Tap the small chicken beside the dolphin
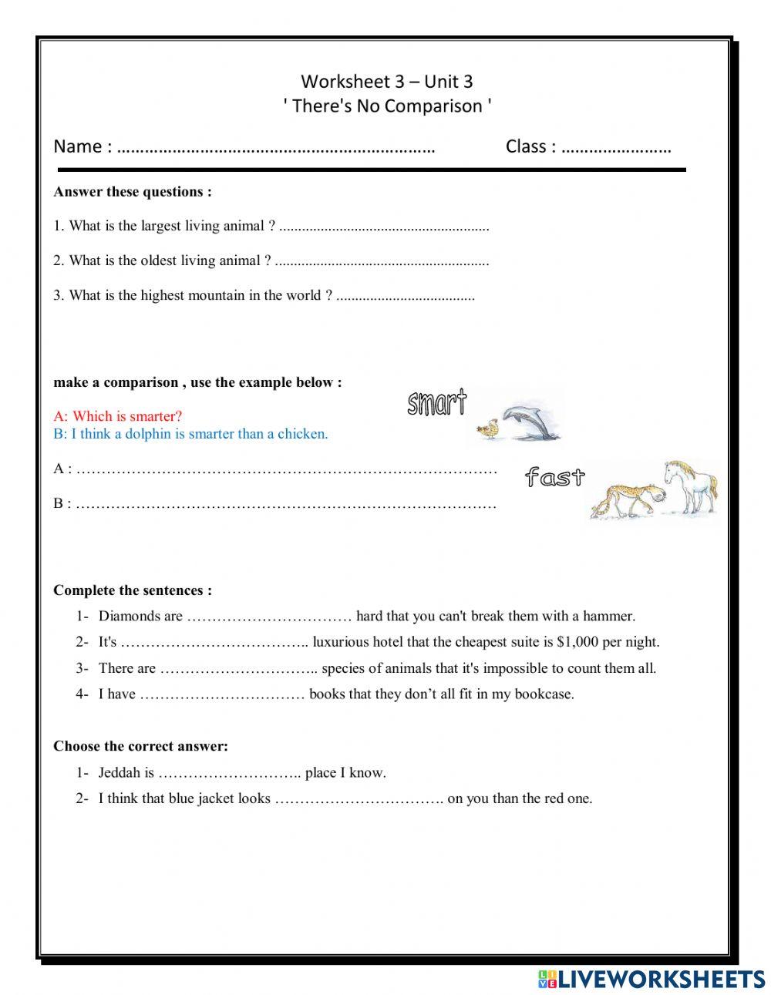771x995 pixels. pos(487,430)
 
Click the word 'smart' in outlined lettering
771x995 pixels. pos(436,402)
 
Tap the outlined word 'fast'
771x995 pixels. pos(554,477)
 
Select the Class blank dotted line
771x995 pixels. pos(616,148)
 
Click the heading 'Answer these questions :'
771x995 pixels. pos(132,192)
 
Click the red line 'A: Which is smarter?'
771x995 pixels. pos(118,417)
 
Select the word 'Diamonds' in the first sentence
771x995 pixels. pos(130,617)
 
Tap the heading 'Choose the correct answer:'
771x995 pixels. pos(140,746)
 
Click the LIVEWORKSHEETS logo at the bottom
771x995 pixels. pos(651,979)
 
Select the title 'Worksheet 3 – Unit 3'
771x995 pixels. pos(386,81)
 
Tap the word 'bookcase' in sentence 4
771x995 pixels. pos(547,694)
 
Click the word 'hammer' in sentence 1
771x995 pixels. pos(608,617)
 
